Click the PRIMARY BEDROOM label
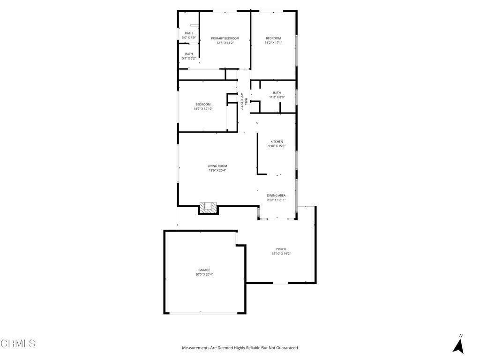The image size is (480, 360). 225,38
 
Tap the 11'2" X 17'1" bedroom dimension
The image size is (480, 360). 273,43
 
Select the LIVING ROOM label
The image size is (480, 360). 217,166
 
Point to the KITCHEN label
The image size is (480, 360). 277,142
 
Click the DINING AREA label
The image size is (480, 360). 276,195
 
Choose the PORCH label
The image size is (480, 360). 281,249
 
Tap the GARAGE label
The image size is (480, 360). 204,270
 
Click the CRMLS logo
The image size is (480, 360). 18,344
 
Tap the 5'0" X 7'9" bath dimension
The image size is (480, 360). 189,37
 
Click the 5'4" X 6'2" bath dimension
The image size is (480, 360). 189,59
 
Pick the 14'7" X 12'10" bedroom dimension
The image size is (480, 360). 203,109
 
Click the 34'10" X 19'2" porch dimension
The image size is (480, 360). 281,254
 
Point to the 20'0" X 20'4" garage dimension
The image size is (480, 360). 204,275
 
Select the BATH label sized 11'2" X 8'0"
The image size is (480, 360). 277,93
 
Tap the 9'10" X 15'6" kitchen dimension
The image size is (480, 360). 277,146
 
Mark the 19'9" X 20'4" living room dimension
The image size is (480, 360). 217,171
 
